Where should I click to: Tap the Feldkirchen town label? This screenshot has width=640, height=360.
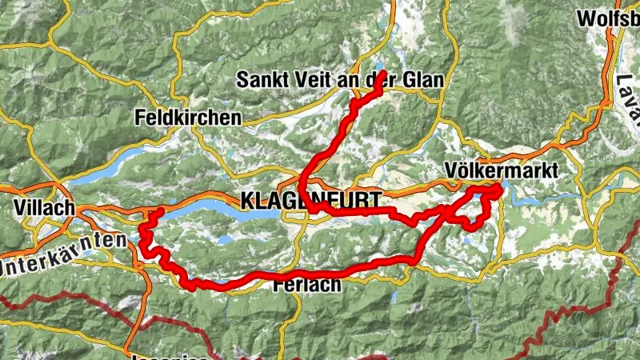tap(189, 118)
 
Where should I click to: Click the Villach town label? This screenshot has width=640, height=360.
tap(44, 208)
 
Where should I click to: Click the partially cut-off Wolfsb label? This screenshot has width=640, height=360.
tap(608, 18)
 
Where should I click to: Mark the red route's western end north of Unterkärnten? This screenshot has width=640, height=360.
tap(160, 211)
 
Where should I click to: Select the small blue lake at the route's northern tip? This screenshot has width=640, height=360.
tap(378, 67)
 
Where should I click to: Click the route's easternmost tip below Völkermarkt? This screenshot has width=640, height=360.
tap(500, 190)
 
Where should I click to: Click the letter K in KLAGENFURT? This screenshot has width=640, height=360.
tap(245, 200)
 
